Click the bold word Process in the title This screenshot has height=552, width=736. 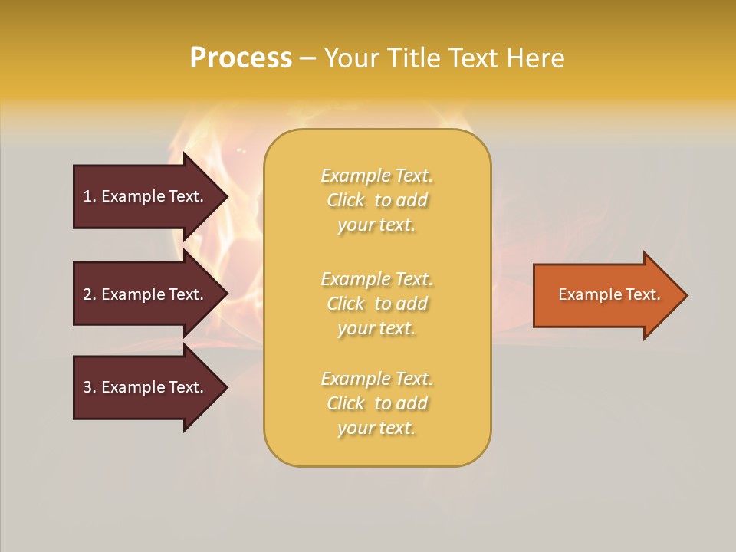click(x=241, y=58)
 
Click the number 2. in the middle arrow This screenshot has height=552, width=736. click(x=89, y=294)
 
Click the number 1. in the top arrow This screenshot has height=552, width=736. click(x=89, y=196)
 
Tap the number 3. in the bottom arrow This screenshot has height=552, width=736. click(x=89, y=387)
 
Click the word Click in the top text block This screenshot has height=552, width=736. click(x=346, y=200)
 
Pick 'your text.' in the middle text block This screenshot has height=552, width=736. click(x=376, y=328)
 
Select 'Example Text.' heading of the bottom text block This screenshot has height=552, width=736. click(x=376, y=379)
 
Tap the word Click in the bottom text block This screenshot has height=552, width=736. click(x=346, y=403)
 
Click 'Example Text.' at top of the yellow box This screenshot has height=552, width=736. click(x=376, y=176)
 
